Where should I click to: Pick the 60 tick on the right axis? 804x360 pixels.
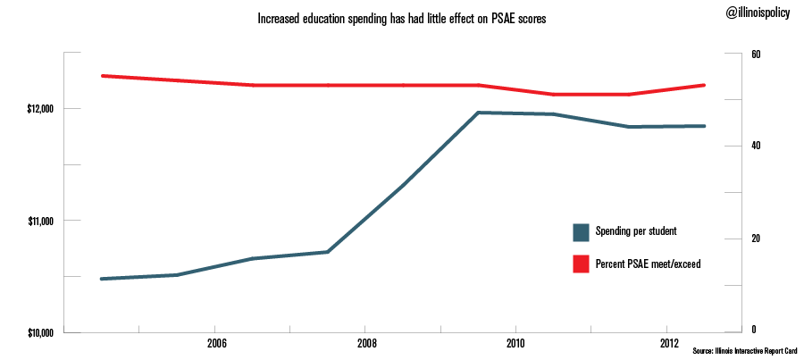point(756,54)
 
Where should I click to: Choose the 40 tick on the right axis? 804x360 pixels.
point(756,146)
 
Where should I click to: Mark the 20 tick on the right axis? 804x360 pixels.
point(756,239)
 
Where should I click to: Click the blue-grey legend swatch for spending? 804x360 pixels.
point(581,232)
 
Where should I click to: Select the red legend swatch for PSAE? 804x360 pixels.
point(581,264)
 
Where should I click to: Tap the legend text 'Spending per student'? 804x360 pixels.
point(635,231)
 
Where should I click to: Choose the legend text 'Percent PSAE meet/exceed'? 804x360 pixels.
point(648,264)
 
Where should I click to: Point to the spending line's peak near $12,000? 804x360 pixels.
point(478,113)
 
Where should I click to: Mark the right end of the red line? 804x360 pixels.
point(705,85)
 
